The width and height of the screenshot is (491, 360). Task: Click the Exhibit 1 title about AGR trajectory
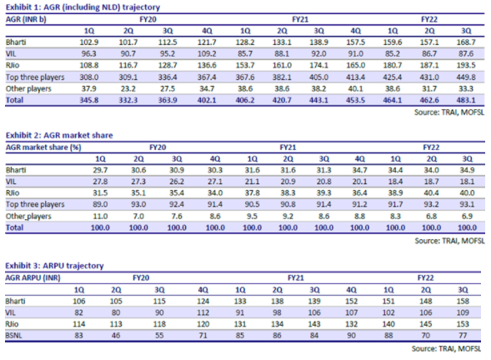(83, 7)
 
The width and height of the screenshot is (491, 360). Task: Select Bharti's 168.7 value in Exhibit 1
(466, 42)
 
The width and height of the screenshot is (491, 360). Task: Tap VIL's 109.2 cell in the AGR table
(207, 54)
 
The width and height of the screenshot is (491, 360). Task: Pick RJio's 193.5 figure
(466, 66)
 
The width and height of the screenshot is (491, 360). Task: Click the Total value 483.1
(466, 100)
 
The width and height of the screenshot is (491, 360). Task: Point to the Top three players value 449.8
(466, 77)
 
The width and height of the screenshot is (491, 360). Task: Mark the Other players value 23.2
(128, 89)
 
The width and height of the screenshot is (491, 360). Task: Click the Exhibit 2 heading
(59, 135)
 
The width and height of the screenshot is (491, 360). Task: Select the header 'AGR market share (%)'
(43, 147)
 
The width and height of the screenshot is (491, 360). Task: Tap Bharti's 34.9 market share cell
(467, 170)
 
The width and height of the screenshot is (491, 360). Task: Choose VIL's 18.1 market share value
(467, 182)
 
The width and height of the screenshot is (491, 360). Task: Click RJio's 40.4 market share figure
(431, 193)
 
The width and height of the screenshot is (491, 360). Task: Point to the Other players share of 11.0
(100, 217)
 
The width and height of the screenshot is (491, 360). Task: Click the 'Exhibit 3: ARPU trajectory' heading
(54, 266)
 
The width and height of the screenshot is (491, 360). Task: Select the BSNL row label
(14, 336)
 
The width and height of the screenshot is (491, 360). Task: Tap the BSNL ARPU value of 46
(116, 336)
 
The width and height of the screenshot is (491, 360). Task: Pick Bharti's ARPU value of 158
(463, 301)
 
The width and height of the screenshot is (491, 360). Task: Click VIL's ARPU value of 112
(203, 312)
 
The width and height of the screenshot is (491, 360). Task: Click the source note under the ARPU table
(446, 348)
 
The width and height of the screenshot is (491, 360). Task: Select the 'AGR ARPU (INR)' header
(33, 278)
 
